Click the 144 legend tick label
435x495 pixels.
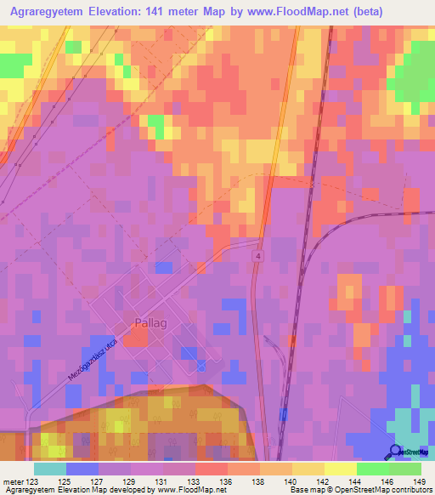tap(353, 481)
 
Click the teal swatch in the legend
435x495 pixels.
tap(49, 469)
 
